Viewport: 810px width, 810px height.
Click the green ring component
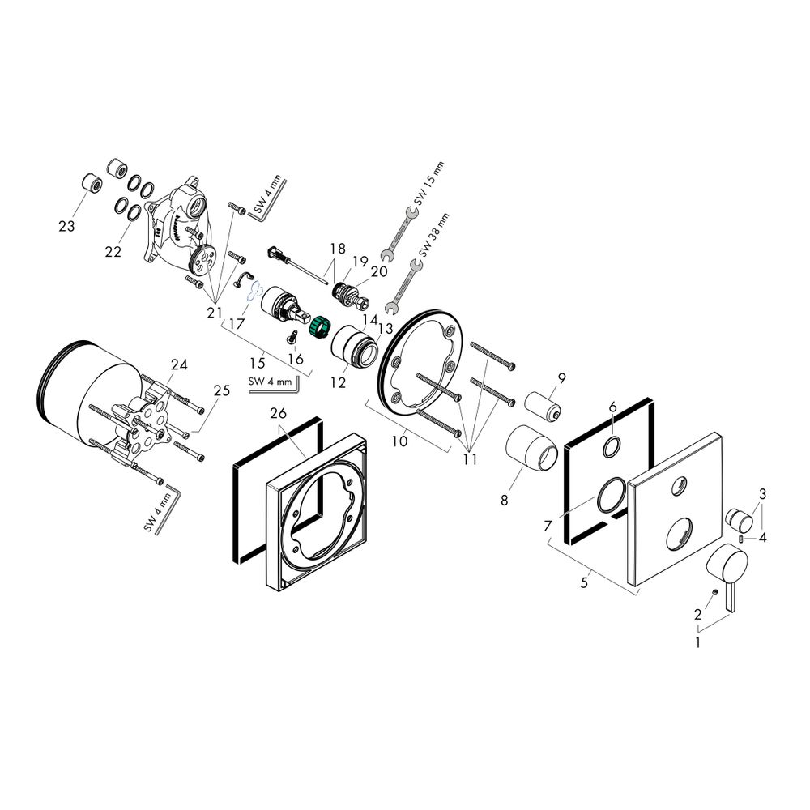319,326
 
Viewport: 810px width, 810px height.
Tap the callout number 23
66,226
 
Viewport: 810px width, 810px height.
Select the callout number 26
278,413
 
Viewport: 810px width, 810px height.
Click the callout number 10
400,441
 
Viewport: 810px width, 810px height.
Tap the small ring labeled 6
612,447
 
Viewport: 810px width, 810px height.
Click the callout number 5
584,582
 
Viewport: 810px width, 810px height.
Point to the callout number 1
698,643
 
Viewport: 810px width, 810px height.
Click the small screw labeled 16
292,336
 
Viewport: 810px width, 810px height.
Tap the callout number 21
215,313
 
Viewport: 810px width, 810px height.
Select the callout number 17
236,325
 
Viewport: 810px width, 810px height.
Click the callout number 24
179,364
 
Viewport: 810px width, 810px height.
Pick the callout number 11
470,458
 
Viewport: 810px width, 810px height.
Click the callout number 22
113,252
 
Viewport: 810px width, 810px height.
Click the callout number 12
338,383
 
